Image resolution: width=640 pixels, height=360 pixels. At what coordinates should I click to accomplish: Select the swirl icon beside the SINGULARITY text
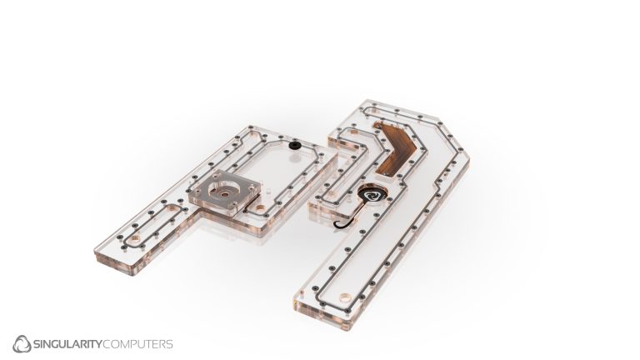click(x=22, y=343)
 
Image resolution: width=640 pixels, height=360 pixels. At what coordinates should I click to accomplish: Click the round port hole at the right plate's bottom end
click(x=345, y=296)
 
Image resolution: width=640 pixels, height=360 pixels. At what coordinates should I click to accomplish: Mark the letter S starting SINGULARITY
click(x=37, y=343)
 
